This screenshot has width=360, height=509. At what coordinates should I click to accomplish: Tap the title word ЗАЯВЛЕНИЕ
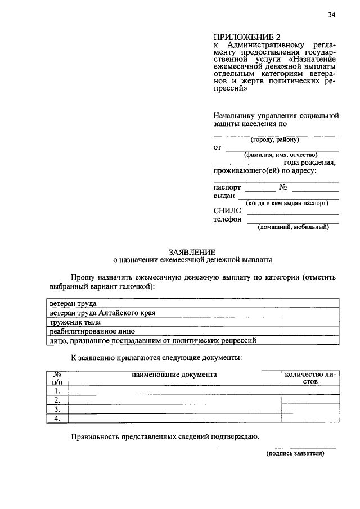click(x=192, y=252)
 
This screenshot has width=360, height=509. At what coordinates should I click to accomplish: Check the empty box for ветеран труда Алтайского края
click(x=310, y=312)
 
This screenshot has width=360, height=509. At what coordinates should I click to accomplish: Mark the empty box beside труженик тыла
click(x=310, y=322)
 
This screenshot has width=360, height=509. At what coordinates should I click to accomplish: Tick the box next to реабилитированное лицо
click(x=310, y=331)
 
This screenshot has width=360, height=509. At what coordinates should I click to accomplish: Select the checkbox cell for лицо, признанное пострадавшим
click(x=310, y=340)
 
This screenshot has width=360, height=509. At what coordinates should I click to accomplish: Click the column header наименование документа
click(x=174, y=374)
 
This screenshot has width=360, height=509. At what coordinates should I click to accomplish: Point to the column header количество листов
click(x=310, y=377)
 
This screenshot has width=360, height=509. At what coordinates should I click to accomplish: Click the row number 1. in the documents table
click(x=57, y=390)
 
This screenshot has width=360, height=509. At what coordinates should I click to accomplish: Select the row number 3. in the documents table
click(x=57, y=409)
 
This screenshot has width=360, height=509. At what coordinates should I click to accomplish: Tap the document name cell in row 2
click(x=174, y=400)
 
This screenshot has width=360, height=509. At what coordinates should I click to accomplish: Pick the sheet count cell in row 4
click(x=310, y=418)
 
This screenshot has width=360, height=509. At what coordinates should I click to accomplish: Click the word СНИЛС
click(x=227, y=210)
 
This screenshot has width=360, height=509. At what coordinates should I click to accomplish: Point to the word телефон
click(x=228, y=219)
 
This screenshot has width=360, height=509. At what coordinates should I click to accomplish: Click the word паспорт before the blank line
click(x=227, y=187)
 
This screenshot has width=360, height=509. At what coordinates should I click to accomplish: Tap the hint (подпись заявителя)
click(x=295, y=456)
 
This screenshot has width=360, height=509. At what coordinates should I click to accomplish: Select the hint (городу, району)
click(x=275, y=139)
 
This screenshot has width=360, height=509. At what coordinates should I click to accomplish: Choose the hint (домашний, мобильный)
click(x=292, y=227)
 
